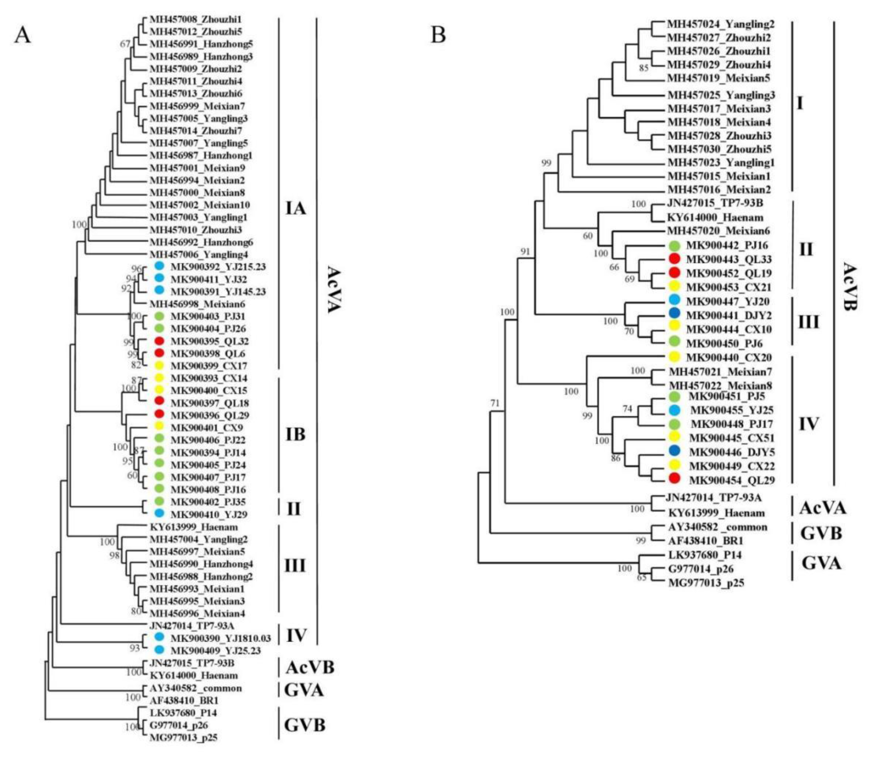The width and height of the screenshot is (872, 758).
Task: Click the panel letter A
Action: (x=22, y=35)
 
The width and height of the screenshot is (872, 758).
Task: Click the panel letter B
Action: (x=438, y=35)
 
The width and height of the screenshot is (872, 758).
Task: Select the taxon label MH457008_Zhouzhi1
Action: (x=195, y=19)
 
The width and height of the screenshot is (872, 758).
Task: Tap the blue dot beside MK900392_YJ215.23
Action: (x=159, y=266)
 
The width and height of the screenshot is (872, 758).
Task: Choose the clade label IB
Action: (x=295, y=434)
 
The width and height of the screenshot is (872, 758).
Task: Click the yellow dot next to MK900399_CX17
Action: (x=159, y=365)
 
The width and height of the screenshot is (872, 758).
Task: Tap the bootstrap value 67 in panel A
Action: (x=125, y=44)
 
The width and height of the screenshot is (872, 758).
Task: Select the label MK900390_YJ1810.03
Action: (x=220, y=638)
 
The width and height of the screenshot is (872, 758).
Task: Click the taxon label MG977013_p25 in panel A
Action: (x=184, y=738)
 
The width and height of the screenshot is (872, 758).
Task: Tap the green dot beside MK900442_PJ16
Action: (x=675, y=245)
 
